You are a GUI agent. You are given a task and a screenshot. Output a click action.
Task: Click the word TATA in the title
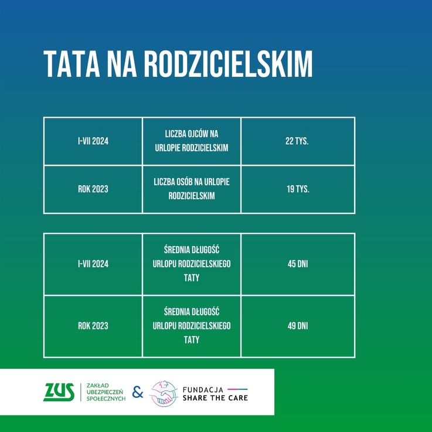[72, 64]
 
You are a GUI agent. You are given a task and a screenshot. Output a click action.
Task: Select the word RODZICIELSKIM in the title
[229, 64]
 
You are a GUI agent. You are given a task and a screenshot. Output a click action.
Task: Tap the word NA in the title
[122, 64]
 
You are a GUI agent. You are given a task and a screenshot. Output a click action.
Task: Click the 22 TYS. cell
[297, 141]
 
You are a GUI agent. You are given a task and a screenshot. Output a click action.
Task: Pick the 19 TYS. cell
[298, 189]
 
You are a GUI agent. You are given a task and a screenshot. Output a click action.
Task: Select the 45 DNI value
[298, 264]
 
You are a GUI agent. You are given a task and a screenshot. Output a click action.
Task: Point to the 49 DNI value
[298, 326]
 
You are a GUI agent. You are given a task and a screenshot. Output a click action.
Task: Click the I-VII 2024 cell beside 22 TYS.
[93, 141]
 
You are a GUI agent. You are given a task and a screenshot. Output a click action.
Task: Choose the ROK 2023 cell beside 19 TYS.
[93, 189]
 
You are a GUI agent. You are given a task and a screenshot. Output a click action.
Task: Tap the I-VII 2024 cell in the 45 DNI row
[93, 264]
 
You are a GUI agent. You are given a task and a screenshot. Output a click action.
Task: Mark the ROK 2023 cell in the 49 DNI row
[93, 326]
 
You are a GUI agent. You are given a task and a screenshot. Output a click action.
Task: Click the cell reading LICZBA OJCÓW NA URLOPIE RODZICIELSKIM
[192, 141]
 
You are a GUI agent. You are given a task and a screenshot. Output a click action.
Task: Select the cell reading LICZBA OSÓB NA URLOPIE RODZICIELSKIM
[192, 189]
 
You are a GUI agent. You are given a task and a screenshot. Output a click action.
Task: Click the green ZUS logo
[59, 392]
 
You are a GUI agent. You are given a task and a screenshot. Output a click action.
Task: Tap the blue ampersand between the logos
[138, 392]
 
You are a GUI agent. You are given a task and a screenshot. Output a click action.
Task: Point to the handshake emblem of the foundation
[164, 393]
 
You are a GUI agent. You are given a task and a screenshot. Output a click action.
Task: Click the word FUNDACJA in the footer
[203, 390]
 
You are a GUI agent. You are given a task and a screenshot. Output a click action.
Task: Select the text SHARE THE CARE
[216, 398]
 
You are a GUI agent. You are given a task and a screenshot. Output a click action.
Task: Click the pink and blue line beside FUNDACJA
[237, 389]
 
